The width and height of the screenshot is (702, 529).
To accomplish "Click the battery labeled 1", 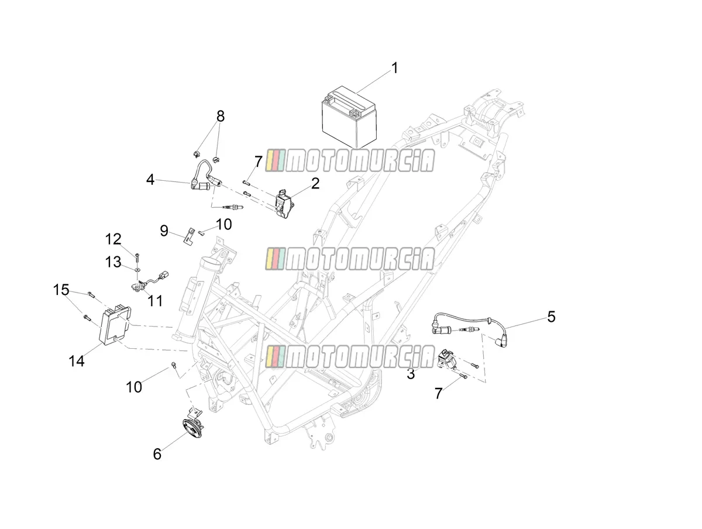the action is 348,117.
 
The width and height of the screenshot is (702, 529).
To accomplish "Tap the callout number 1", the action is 395,68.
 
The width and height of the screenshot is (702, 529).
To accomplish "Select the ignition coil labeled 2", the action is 285,204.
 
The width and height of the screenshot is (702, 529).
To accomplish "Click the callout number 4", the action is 150,180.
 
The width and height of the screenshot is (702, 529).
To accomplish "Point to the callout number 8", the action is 221,116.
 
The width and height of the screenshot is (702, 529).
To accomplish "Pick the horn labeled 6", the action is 192,425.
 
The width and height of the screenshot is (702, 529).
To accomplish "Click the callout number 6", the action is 157,454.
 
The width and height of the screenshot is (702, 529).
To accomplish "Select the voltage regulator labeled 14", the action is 115,325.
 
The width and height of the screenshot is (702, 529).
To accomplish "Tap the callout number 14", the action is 77,361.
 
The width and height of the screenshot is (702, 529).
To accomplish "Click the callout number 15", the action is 61,290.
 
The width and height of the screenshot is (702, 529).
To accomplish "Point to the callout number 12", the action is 113,239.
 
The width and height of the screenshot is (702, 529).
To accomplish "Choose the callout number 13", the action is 113,262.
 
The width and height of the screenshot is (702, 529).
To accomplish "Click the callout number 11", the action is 155,301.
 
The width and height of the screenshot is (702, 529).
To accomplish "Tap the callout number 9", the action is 164,231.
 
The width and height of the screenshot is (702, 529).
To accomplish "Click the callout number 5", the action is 551,317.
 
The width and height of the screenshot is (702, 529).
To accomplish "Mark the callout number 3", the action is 411,373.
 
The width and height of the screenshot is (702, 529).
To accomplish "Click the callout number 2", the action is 315,184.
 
